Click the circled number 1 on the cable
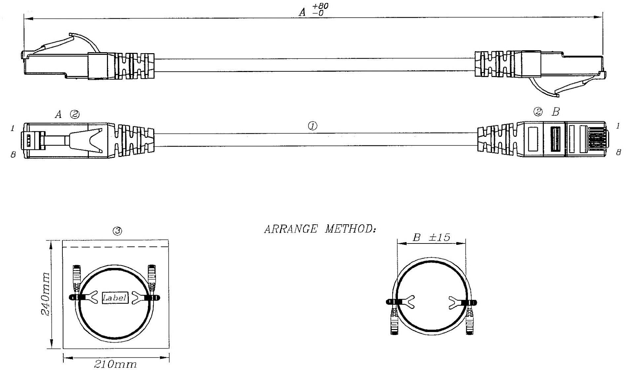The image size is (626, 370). click(312, 126)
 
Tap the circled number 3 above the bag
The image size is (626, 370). click(118, 231)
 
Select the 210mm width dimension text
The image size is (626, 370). click(115, 364)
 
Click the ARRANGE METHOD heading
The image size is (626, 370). click(320, 229)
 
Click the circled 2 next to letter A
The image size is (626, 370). click(75, 115)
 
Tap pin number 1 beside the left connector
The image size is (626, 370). click(13, 128)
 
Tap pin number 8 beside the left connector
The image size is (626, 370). click(13, 154)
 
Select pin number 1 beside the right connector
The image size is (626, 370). click(617, 126)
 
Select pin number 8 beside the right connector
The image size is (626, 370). click(618, 152)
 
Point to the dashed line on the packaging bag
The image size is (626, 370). click(116, 247)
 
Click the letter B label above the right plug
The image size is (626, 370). click(556, 112)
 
